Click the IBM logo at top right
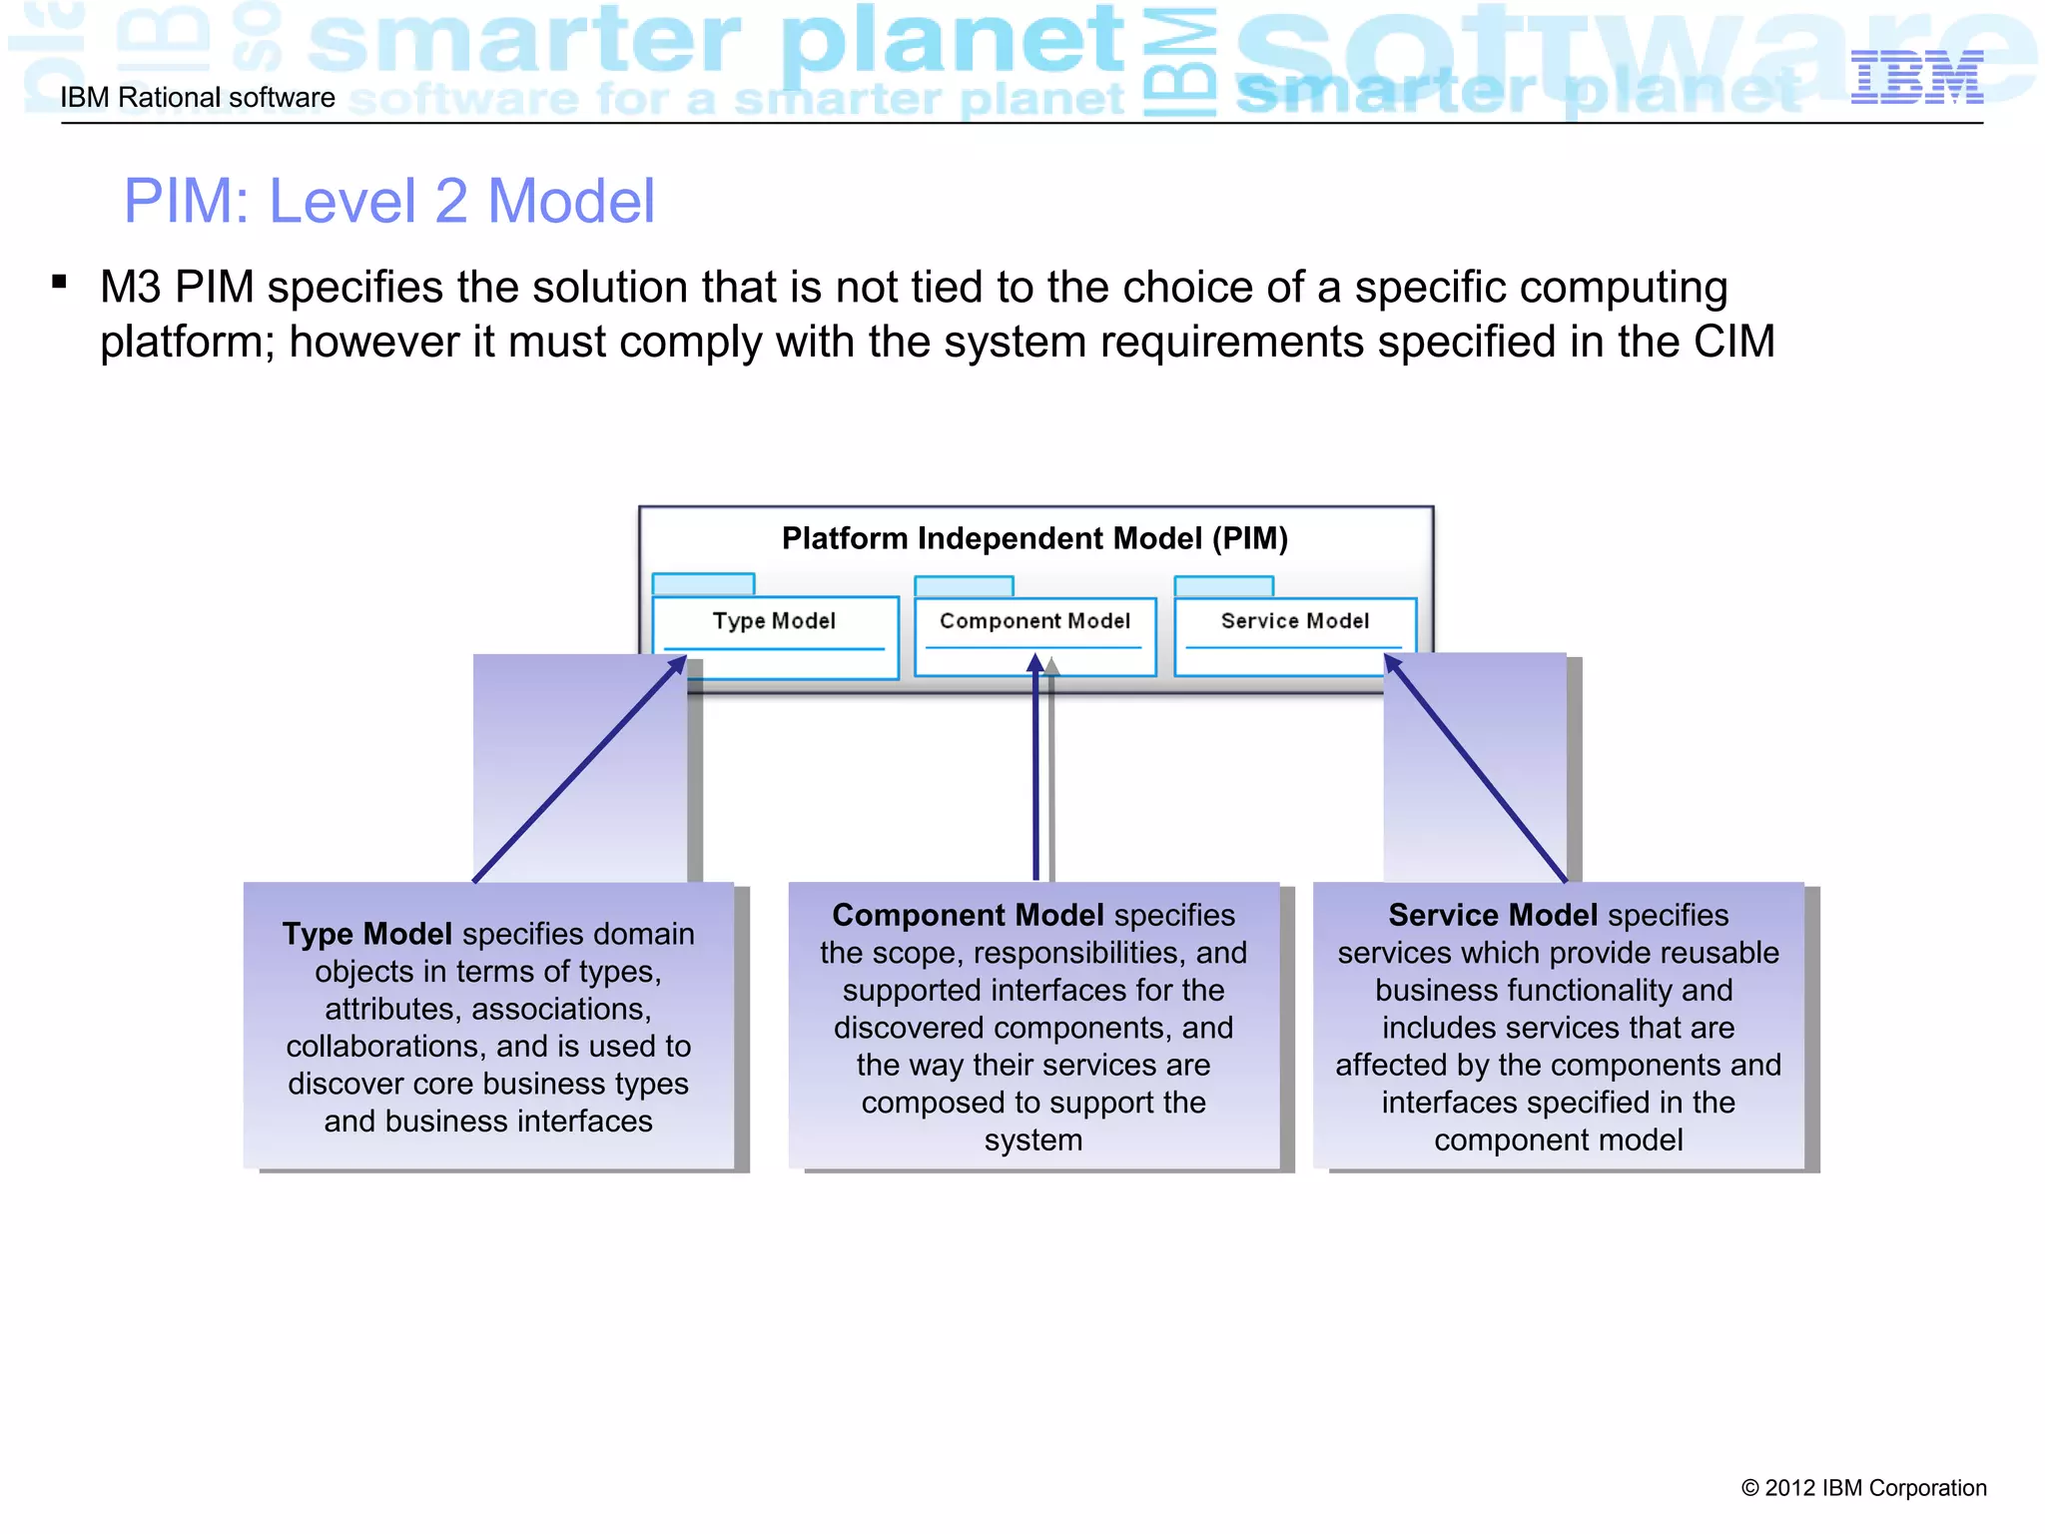tap(1916, 78)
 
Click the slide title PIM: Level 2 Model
tap(388, 201)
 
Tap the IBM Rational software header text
tap(198, 98)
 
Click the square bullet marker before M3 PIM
tap(60, 283)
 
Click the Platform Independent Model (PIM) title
tap(1034, 538)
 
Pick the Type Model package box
tap(775, 636)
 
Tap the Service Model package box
tap(1295, 635)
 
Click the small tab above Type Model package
tap(703, 584)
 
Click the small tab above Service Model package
tap(1223, 586)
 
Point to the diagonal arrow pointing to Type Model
tap(579, 770)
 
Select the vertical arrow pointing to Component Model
tap(1035, 769)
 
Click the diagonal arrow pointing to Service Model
tap(1476, 769)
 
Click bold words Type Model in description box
tap(367, 934)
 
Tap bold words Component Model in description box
tap(968, 915)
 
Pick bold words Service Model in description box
tap(1493, 915)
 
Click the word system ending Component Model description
tap(1033, 1141)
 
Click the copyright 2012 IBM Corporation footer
tap(1863, 1488)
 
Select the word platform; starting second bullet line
tap(188, 343)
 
